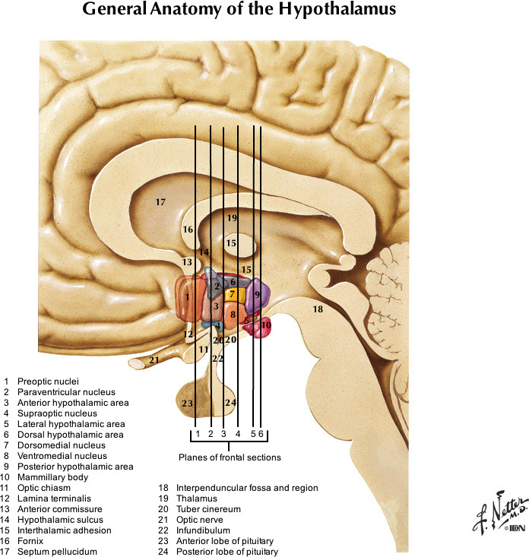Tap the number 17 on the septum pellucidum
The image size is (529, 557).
coord(160,202)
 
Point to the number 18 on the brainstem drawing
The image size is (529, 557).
coord(317,309)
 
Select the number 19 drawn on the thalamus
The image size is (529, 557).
coord(232,218)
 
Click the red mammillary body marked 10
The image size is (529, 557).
coord(265,325)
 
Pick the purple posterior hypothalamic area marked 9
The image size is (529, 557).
coord(257,294)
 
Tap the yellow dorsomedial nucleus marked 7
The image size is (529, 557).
coord(233,293)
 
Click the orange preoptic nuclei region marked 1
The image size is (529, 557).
coord(187,297)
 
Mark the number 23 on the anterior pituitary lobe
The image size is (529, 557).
coord(188,403)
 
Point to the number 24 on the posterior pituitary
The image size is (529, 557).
coord(231,402)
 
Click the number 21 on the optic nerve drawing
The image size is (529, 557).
coord(154,360)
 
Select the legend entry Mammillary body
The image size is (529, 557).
coord(46,477)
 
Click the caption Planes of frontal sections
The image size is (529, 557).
coord(230,457)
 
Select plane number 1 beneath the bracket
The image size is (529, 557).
coord(196,433)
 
